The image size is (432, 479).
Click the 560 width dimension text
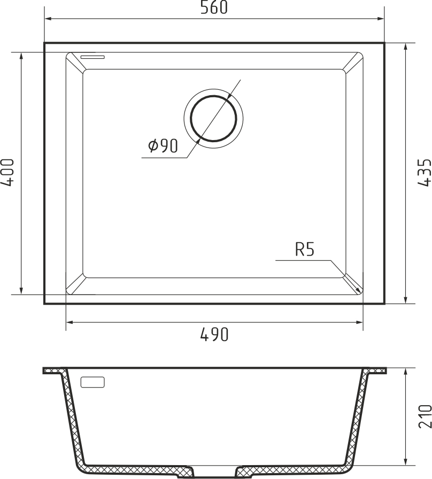(214, 7)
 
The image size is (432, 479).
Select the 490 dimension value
(214, 335)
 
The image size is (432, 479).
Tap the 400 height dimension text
(7, 172)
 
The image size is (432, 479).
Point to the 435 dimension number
(425, 172)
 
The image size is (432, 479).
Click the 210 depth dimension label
(425, 416)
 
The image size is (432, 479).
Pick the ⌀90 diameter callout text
(163, 146)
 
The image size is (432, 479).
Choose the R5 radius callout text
(305, 249)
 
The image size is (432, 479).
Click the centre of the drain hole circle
(213, 119)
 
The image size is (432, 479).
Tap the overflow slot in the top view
(92, 57)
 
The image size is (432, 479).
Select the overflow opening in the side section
(92, 382)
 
